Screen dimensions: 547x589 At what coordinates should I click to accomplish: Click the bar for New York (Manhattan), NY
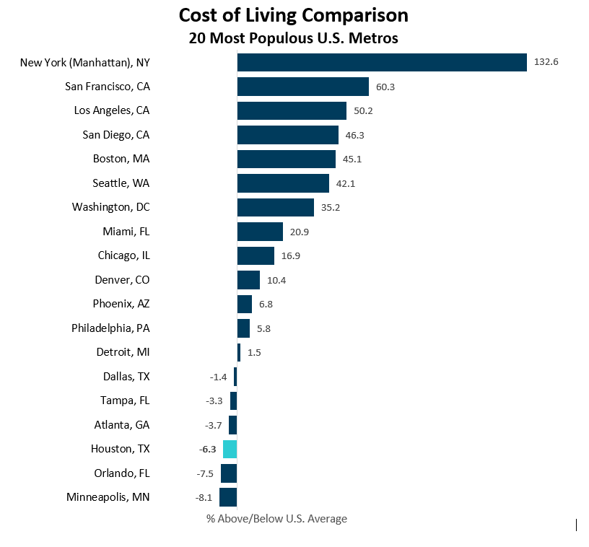tap(382, 63)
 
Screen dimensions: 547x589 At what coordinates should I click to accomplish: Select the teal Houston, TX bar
tap(230, 449)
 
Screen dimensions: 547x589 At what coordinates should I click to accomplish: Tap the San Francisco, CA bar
tap(303, 87)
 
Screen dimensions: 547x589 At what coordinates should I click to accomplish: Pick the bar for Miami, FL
tap(260, 232)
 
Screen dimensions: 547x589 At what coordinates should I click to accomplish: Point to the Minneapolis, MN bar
tap(228, 497)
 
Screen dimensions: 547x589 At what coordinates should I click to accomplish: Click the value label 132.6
tap(546, 63)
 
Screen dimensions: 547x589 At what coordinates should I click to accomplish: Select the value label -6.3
tap(207, 449)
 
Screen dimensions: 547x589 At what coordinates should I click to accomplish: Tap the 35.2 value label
tap(330, 208)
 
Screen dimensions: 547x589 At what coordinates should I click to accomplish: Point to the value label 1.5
tap(254, 352)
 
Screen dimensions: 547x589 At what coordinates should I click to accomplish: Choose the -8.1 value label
tap(205, 497)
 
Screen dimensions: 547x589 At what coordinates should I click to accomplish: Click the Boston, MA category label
tap(121, 159)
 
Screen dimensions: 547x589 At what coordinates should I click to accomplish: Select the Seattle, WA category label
tap(121, 183)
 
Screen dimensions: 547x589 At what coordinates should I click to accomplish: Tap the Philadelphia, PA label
tap(110, 328)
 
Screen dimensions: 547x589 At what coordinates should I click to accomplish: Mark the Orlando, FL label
tap(122, 473)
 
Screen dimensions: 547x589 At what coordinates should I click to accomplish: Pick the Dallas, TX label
tap(126, 377)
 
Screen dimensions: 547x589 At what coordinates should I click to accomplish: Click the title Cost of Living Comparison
tap(293, 15)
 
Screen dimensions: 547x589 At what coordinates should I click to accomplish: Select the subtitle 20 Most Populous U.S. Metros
tap(293, 38)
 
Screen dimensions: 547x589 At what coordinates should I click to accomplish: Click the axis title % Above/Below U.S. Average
tap(276, 519)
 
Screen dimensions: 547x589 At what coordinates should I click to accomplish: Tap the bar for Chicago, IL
tap(256, 255)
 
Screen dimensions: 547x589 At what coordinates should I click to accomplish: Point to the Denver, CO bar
tap(248, 280)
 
